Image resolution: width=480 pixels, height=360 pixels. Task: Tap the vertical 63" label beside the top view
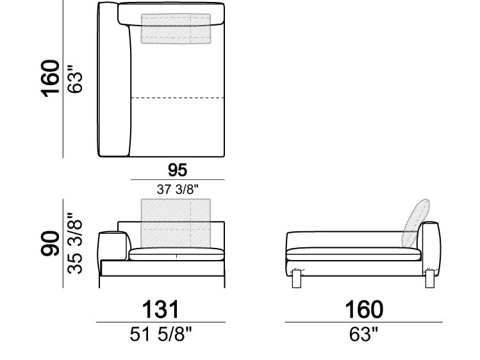pos(75,79)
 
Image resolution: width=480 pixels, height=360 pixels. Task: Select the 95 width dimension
pos(178,170)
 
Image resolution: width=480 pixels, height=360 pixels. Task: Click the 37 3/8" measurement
pos(178,190)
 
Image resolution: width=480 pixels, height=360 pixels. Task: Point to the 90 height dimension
pos(50,243)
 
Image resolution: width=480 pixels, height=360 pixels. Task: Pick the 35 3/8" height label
pos(75,243)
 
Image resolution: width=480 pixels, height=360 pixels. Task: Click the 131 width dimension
pos(160,309)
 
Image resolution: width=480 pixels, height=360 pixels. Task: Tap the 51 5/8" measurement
pos(160,334)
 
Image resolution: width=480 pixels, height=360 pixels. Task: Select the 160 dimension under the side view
pos(364,309)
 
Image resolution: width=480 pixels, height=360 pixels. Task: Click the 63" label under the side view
pos(364,334)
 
